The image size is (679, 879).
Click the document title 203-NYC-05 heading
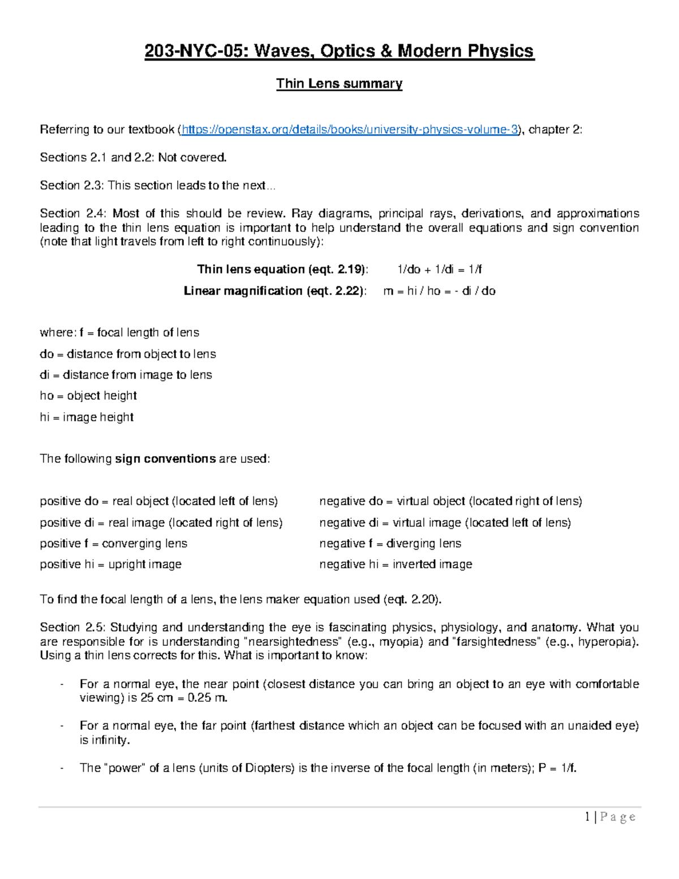click(339, 52)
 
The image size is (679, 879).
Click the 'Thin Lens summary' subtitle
click(339, 84)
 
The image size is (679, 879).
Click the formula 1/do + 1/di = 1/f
click(440, 269)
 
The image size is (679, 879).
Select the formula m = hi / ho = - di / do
click(439, 291)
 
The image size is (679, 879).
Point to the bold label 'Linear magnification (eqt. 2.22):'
click(275, 291)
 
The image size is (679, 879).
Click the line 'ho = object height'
click(88, 396)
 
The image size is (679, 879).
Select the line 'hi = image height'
click(87, 417)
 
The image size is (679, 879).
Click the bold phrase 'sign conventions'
click(165, 458)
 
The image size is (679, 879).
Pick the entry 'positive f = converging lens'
click(113, 543)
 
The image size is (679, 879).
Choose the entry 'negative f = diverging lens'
click(390, 543)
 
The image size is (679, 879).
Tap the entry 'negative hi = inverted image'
click(396, 564)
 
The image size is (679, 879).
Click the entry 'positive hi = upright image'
click(110, 564)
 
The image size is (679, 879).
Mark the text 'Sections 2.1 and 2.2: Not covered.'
click(133, 157)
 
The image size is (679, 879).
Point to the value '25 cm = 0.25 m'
click(183, 698)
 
